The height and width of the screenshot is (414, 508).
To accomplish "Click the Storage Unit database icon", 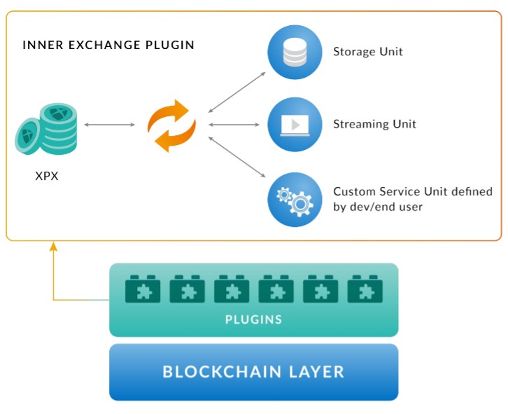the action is point(295,53).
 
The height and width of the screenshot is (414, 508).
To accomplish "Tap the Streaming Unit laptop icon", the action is point(295,125).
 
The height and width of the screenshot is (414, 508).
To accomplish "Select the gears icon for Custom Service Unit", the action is point(295,200).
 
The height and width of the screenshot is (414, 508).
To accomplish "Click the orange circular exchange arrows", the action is point(171,125).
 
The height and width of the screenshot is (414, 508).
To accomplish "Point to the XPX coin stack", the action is point(46,129).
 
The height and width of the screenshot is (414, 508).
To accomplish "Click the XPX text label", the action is point(47,176).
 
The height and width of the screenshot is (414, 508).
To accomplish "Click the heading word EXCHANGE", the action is point(104,45).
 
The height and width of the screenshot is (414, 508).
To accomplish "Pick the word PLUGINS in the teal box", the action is point(254,319).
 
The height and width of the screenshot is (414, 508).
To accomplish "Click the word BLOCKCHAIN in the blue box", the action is point(222,372).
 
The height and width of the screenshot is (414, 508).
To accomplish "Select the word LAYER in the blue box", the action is point(316,372).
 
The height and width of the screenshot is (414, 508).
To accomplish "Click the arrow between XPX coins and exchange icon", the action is point(109,125).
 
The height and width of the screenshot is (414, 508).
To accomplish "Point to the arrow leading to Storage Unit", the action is point(237,92).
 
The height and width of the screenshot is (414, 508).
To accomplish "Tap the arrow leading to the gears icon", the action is point(237,157).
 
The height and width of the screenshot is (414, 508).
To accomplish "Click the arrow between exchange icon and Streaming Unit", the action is point(234,125).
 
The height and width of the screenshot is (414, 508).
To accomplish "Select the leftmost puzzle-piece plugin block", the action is point(143,289).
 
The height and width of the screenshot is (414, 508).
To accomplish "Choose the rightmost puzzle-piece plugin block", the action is point(365,289).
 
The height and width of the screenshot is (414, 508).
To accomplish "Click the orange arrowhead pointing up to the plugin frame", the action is point(53,247).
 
